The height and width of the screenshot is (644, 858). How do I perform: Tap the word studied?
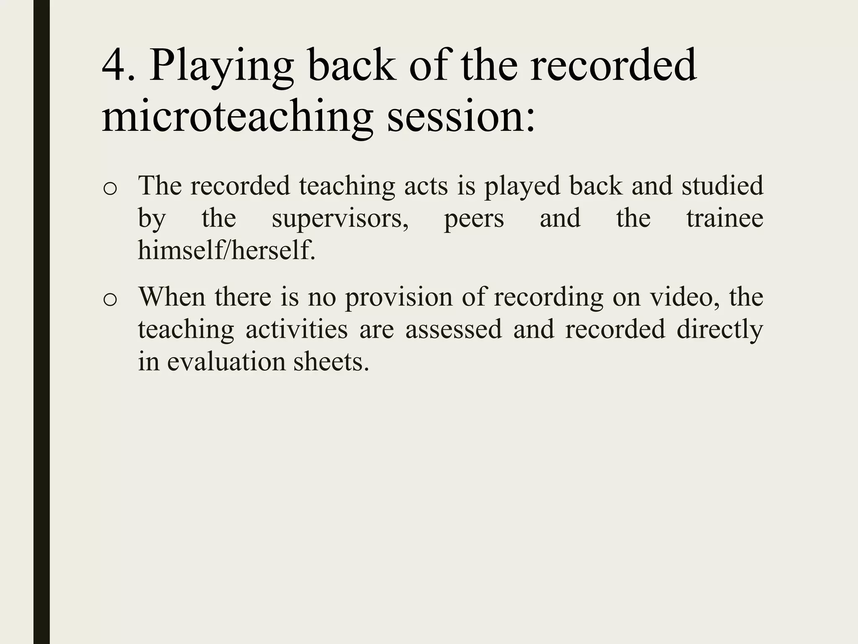[722, 185]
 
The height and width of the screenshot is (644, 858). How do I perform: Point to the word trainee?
[724, 218]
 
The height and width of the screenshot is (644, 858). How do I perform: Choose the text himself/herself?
[226, 250]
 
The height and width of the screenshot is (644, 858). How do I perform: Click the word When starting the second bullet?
[172, 296]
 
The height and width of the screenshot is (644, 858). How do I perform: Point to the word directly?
[719, 329]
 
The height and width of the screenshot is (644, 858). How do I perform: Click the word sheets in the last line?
[331, 361]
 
